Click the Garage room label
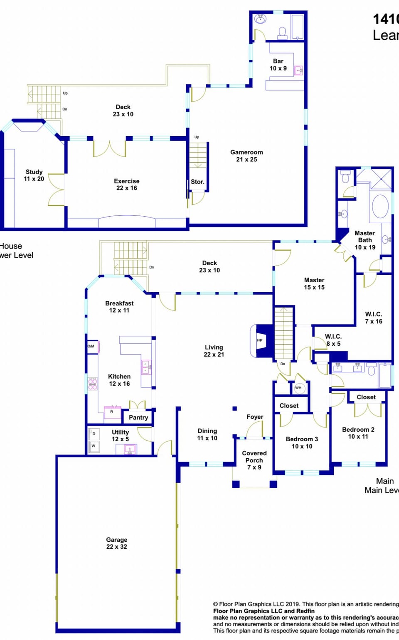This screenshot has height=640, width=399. click(x=116, y=543)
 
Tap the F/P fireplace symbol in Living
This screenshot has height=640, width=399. click(x=260, y=340)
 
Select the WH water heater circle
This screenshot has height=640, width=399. click(x=298, y=388)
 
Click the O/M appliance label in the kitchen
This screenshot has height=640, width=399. click(x=91, y=346)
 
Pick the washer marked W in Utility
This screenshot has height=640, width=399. click(x=94, y=446)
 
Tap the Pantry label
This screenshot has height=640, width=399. click(x=138, y=418)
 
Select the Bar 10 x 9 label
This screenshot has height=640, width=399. click(x=278, y=65)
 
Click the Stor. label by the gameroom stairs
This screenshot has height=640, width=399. click(x=197, y=182)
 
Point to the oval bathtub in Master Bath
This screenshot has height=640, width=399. click(x=380, y=206)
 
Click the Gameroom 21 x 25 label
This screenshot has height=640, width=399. click(x=246, y=156)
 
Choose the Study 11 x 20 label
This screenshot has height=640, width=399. click(x=34, y=175)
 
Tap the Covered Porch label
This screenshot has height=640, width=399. click(x=254, y=460)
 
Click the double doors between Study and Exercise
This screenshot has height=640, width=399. click(x=57, y=190)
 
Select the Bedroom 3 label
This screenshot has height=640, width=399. click(x=302, y=442)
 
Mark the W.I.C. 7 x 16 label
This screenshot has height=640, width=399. click(x=373, y=318)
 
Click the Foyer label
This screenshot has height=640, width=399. click(x=255, y=417)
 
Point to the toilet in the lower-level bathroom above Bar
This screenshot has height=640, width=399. click(x=282, y=32)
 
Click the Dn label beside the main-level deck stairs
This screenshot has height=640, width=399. click(x=152, y=267)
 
